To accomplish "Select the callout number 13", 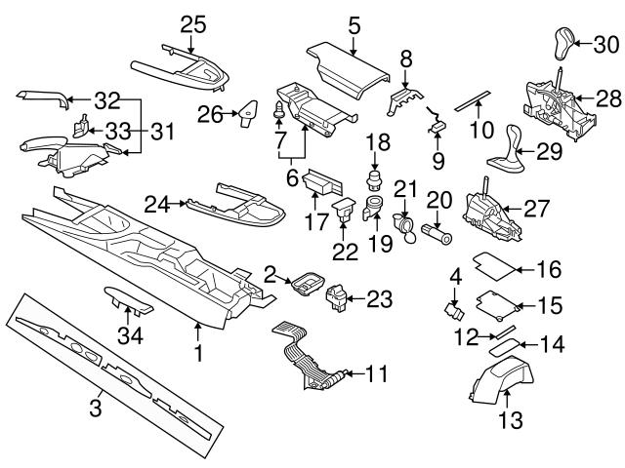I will [510, 421].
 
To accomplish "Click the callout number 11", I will [376, 372].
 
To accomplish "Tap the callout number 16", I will [551, 269].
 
